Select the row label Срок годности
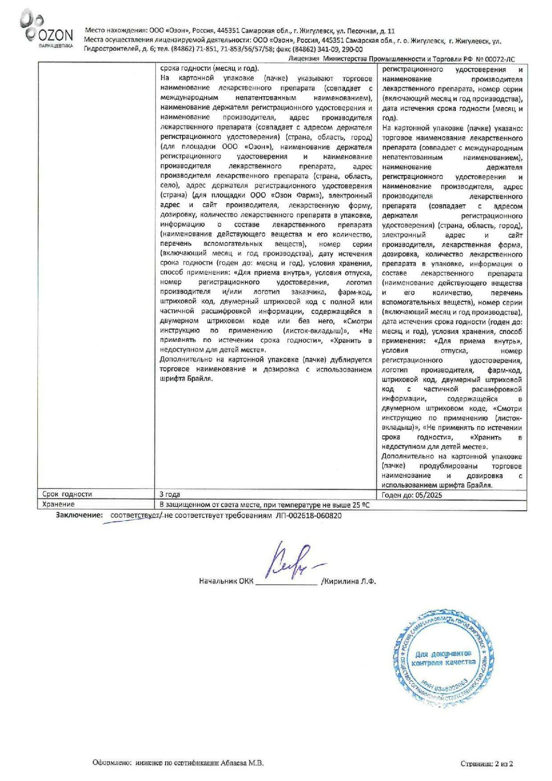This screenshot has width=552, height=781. pos(67,494)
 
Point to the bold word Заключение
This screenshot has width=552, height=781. pos(79,515)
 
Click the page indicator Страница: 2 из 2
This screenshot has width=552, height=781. pos(487,764)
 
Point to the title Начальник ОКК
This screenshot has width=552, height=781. pos(226,581)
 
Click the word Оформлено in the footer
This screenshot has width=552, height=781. pos(113,763)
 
